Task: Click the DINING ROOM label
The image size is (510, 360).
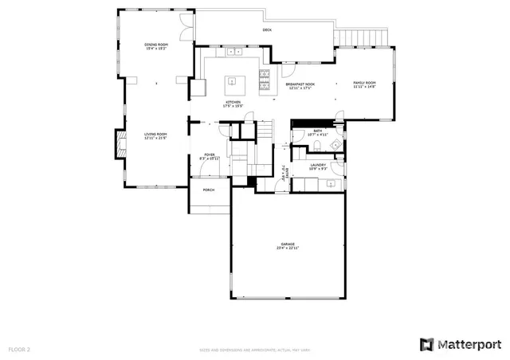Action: (155, 44)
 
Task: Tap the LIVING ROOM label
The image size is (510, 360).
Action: (155, 134)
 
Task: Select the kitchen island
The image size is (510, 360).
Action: (233, 80)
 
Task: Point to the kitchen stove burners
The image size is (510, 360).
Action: (264, 80)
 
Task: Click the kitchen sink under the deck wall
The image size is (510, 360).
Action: (237, 52)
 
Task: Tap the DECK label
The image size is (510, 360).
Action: (267, 30)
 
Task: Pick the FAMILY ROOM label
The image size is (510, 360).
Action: (365, 83)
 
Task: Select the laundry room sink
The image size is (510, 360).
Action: (331, 184)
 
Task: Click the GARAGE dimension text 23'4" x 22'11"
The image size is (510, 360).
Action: (288, 248)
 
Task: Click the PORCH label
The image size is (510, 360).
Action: (209, 190)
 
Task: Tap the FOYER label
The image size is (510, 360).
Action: (210, 155)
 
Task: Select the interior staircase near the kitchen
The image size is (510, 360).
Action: (265, 131)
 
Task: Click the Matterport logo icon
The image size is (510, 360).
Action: (427, 344)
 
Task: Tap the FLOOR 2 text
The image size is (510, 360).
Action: (19, 349)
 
